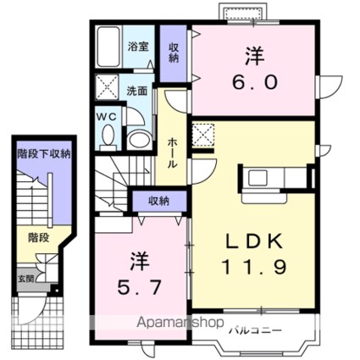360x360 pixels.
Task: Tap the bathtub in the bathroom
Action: point(108,46)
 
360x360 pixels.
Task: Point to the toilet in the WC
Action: point(108,136)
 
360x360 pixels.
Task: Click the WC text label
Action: point(107,115)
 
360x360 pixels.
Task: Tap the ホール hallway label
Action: point(171,152)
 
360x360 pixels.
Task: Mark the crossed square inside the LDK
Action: point(204,134)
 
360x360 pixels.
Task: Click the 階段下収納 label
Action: point(43,154)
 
